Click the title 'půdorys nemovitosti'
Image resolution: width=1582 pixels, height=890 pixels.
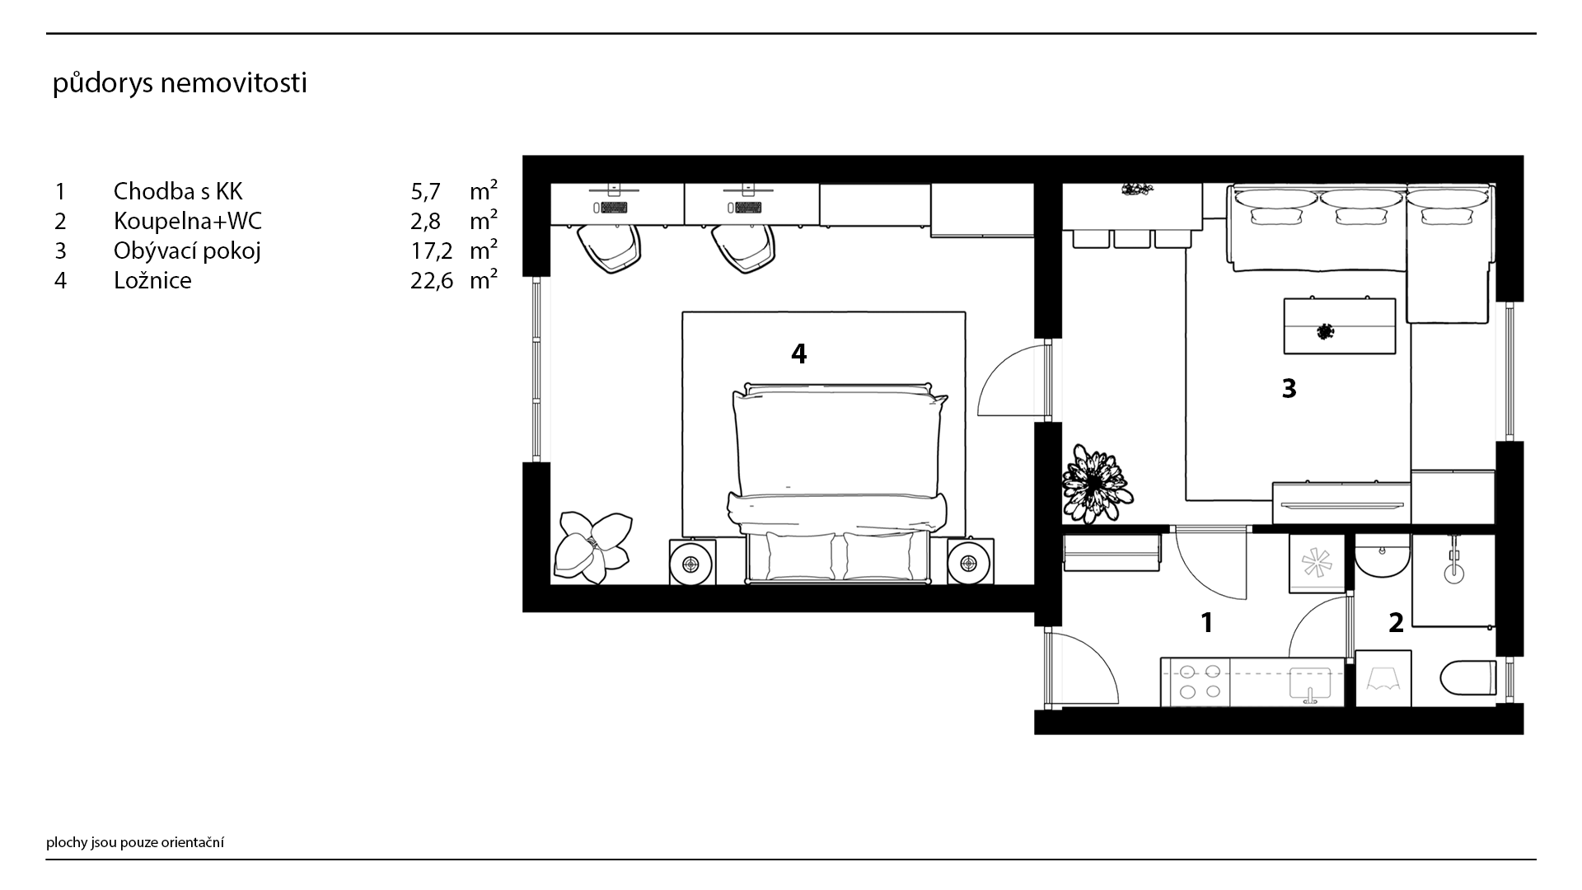click(180, 84)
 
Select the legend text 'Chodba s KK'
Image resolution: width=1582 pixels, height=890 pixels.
click(178, 191)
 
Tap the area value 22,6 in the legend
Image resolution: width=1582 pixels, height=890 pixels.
click(432, 281)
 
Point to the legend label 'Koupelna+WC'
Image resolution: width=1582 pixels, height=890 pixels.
click(188, 221)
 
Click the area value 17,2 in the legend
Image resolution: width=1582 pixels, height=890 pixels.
click(432, 251)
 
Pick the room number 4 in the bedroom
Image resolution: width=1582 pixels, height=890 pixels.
click(798, 354)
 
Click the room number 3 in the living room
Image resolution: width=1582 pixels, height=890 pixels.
click(1289, 388)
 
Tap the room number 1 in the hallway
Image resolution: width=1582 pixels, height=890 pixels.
click(1207, 622)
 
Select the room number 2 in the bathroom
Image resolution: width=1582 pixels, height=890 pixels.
click(1396, 622)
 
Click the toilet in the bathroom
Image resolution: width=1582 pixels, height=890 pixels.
click(1468, 678)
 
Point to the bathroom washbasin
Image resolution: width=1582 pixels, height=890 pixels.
click(1383, 555)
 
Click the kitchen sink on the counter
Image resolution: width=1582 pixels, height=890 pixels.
click(1310, 684)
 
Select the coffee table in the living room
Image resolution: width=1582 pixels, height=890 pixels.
click(1340, 326)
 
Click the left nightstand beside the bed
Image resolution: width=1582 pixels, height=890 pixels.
click(691, 563)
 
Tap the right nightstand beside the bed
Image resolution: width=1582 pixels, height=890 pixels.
click(970, 563)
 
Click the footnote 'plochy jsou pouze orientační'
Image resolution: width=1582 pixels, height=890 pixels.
click(135, 842)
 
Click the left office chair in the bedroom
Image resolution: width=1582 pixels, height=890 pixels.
click(607, 247)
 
